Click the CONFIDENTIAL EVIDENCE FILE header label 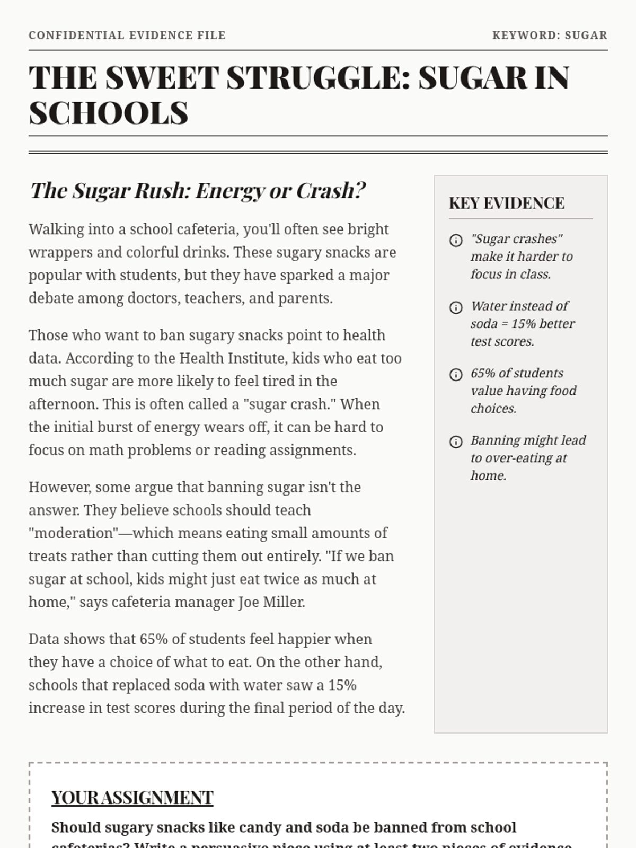pyautogui.click(x=127, y=36)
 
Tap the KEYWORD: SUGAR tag pyautogui.click(x=550, y=36)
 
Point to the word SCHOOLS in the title pyautogui.click(x=109, y=113)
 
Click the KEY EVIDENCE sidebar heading pyautogui.click(x=507, y=204)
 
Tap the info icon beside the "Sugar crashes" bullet pyautogui.click(x=456, y=241)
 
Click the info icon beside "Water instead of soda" pyautogui.click(x=456, y=307)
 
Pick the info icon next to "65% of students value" pyautogui.click(x=456, y=375)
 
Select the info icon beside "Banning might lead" pyautogui.click(x=456, y=441)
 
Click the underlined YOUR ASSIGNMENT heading pyautogui.click(x=132, y=798)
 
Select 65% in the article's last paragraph pyautogui.click(x=153, y=640)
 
